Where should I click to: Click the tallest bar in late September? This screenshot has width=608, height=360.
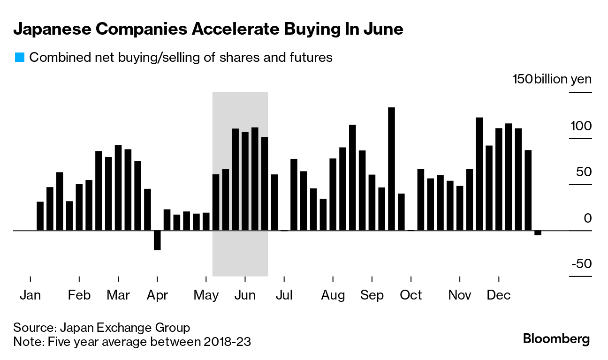point(391,169)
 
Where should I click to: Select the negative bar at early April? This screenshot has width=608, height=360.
point(157,240)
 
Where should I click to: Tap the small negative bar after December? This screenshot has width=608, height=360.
point(538,233)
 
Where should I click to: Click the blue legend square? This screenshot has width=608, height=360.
point(19,58)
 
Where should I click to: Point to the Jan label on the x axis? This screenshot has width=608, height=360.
point(30,295)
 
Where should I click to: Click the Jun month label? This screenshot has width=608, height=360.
point(245,295)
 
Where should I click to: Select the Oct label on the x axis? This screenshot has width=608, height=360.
point(411,295)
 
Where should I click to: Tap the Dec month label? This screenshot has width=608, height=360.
point(498,295)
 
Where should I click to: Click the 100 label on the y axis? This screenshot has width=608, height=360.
point(581,126)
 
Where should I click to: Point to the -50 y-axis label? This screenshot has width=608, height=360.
point(581,264)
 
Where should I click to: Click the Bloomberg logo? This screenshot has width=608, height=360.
point(556,338)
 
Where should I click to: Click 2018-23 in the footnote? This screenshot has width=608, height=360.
point(228,342)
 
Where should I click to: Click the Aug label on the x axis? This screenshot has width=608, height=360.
point(333,295)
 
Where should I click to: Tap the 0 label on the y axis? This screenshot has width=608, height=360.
point(588,218)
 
